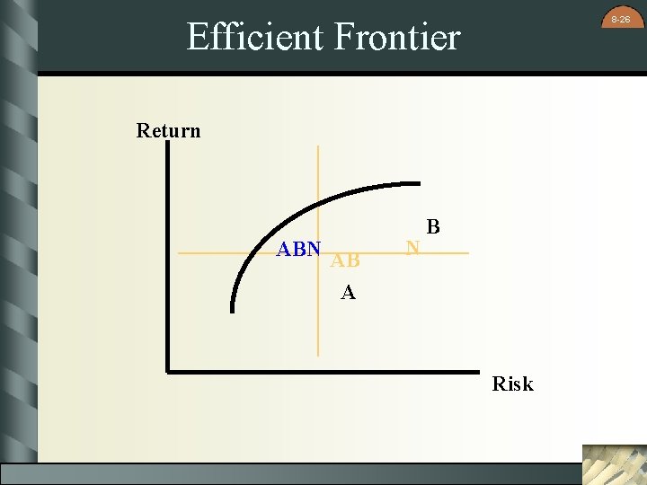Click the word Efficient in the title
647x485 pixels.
point(254,37)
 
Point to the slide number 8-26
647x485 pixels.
point(620,19)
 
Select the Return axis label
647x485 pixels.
point(168,131)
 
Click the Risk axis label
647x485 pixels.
point(512,384)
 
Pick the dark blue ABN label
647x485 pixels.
point(298,250)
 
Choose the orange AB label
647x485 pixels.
point(345,261)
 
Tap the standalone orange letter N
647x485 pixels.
point(412,246)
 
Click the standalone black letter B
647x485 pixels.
point(433,227)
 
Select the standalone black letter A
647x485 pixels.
point(348,293)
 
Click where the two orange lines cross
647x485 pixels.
point(317,253)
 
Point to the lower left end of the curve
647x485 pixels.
point(233,311)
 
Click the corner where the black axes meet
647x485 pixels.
point(168,369)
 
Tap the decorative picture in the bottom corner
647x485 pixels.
point(613,463)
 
